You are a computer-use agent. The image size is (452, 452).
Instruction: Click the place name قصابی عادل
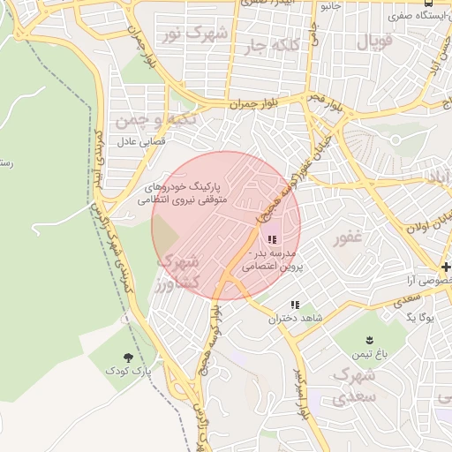tap(137, 140)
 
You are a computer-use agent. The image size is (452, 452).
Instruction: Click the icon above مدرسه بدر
tap(271, 238)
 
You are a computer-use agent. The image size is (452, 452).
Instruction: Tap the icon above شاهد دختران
tap(294, 305)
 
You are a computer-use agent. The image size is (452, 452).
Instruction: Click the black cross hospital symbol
tap(447, 267)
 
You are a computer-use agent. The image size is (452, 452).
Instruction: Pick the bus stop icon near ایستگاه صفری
tap(428, 4)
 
